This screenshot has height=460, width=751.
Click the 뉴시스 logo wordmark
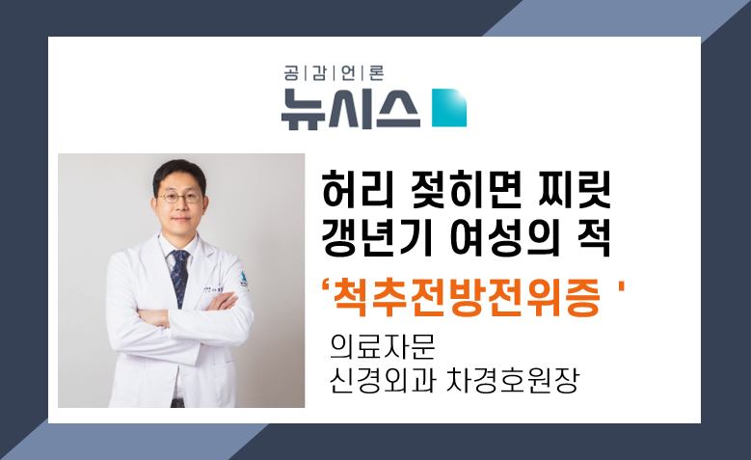click(351, 109)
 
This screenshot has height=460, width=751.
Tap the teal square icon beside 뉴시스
click(449, 108)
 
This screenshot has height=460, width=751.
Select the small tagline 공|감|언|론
click(334, 73)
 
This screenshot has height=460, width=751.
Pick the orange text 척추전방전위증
click(466, 297)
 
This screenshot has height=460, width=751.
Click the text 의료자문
click(382, 346)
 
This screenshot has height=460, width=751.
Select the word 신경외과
click(382, 380)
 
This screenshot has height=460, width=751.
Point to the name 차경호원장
click(513, 380)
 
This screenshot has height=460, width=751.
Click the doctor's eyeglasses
click(179, 197)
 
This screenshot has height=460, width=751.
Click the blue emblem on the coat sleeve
click(243, 280)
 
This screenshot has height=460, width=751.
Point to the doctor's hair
click(179, 174)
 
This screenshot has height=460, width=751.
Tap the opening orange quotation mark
click(326, 288)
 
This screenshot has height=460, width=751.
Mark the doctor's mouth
click(180, 219)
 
